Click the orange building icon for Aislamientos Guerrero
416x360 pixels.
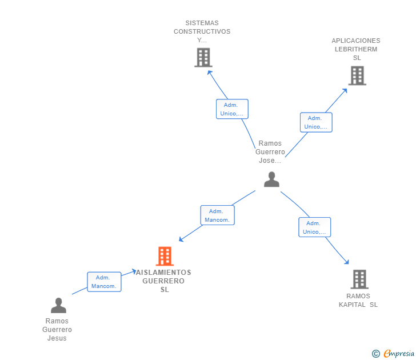click(165, 257)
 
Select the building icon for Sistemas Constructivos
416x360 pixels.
click(203, 57)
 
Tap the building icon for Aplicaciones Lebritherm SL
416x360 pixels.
click(357, 75)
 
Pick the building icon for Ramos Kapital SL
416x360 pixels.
click(359, 279)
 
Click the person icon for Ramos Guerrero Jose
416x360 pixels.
click(271, 179)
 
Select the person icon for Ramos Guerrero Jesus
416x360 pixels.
click(58, 306)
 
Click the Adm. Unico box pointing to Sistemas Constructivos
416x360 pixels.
click(232, 109)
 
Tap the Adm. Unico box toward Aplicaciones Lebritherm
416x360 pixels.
click(316, 122)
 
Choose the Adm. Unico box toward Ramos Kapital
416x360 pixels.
click(315, 227)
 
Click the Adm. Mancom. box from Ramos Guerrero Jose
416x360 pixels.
click(217, 215)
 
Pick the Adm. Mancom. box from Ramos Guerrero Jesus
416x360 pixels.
click(104, 282)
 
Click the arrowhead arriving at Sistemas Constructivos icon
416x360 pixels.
click(209, 72)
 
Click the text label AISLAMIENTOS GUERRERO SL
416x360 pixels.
click(165, 281)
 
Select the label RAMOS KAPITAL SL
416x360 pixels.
click(358, 300)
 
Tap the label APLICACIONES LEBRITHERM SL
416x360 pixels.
click(356, 49)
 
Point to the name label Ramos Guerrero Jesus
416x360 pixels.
click(57, 330)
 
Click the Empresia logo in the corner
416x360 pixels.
click(399, 354)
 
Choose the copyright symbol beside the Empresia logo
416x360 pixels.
click(376, 354)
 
